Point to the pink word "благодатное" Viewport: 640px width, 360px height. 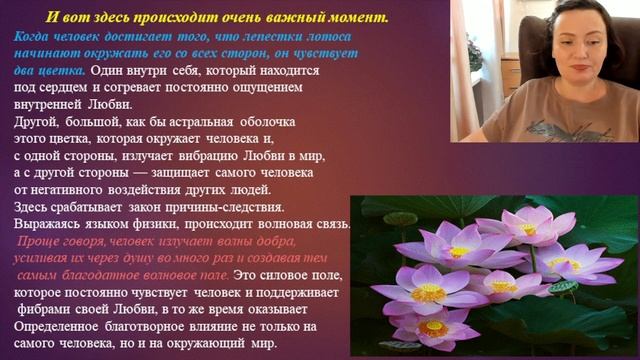pos(103,275)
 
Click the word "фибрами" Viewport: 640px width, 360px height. pos(46,309)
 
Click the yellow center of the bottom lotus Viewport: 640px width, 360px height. pos(433,328)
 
